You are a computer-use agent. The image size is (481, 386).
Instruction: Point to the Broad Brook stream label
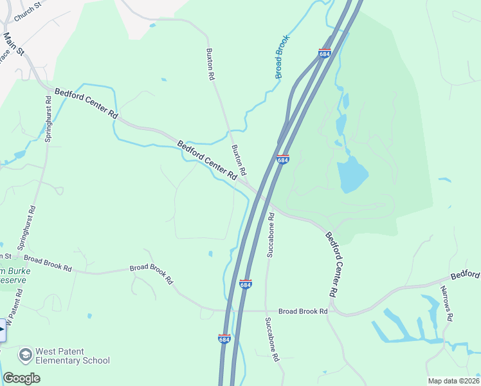pos(283,57)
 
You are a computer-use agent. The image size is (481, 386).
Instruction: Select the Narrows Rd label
pos(449,308)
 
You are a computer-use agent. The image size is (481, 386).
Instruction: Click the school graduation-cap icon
pos(25,355)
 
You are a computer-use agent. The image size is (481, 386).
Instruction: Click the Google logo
pos(21,378)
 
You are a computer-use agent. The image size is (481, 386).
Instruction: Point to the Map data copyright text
pos(453,381)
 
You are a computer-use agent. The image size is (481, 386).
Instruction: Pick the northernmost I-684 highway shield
pos(325,53)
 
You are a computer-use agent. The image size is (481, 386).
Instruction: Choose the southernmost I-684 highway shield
pos(224,338)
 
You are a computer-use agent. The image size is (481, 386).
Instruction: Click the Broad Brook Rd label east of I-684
pos(304,311)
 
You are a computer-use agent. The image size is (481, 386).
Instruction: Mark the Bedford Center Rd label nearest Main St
pos(86,104)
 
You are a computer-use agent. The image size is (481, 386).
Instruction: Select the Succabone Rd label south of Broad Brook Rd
pos(274,339)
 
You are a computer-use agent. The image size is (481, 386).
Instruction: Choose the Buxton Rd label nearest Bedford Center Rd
pos(239,160)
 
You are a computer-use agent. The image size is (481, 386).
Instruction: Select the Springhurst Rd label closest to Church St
pos(48,118)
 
